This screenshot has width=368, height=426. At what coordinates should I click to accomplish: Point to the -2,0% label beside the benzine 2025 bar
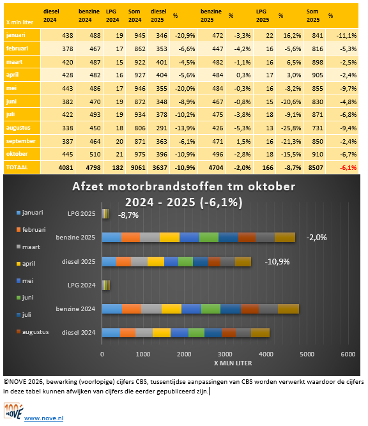pyautogui.click(x=318, y=237)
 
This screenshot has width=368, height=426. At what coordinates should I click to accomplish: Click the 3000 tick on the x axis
pyautogui.click(x=225, y=354)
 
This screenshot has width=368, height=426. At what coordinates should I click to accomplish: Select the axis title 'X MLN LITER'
pyautogui.click(x=224, y=364)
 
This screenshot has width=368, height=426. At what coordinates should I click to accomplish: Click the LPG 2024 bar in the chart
pyautogui.click(x=106, y=285)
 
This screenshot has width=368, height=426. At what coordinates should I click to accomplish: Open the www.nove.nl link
pyautogui.click(x=43, y=418)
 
